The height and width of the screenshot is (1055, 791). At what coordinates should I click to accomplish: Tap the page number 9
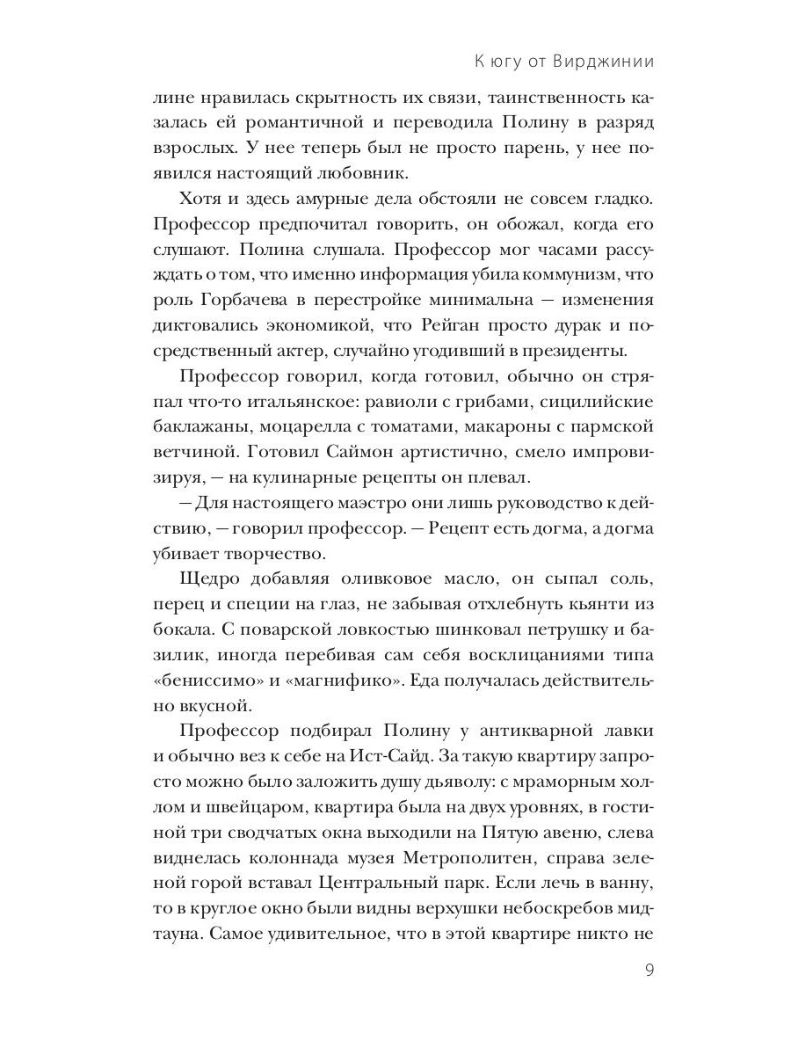pos(649,971)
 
